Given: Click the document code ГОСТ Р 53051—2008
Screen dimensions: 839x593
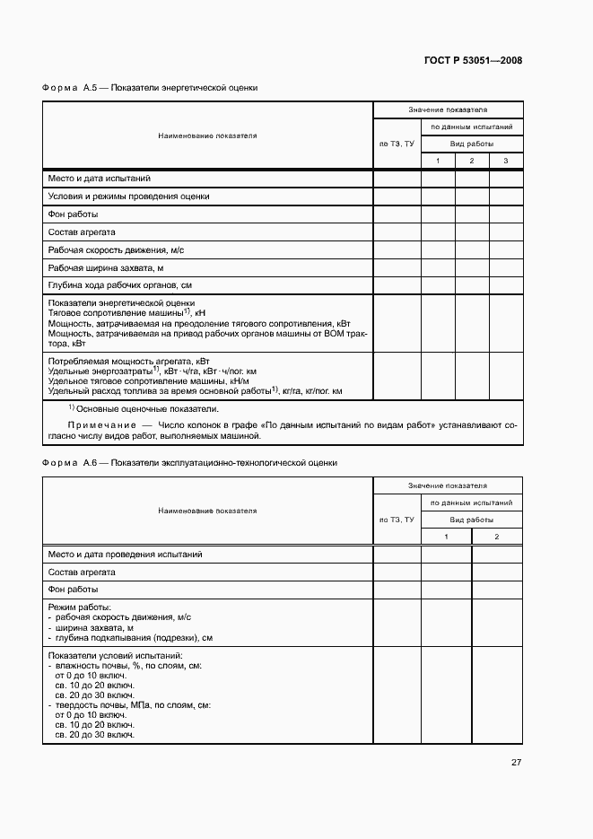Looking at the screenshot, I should click(473, 61).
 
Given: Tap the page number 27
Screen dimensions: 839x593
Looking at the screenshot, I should click(516, 763).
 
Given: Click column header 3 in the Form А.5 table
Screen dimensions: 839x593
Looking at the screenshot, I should click(505, 161).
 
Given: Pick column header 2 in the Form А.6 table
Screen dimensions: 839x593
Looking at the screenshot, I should click(497, 537).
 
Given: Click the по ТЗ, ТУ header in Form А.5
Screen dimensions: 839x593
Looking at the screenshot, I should click(397, 144).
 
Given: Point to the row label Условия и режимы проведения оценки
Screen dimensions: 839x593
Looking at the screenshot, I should click(129, 197).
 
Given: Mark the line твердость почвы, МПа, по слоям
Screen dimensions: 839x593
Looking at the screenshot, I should click(132, 705).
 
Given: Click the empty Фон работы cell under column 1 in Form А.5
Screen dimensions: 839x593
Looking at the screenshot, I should click(438, 214).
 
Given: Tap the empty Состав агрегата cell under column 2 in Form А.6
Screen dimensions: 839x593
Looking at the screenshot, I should click(497, 572).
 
